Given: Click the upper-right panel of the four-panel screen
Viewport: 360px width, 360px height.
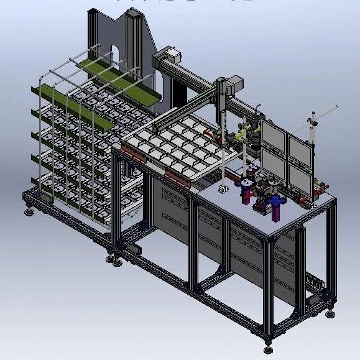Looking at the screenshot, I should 300,145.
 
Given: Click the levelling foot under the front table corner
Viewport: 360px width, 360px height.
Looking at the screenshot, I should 269,339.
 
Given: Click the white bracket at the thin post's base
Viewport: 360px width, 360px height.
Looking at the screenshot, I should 222,186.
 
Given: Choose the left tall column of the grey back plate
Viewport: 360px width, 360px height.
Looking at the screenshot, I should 93,37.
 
